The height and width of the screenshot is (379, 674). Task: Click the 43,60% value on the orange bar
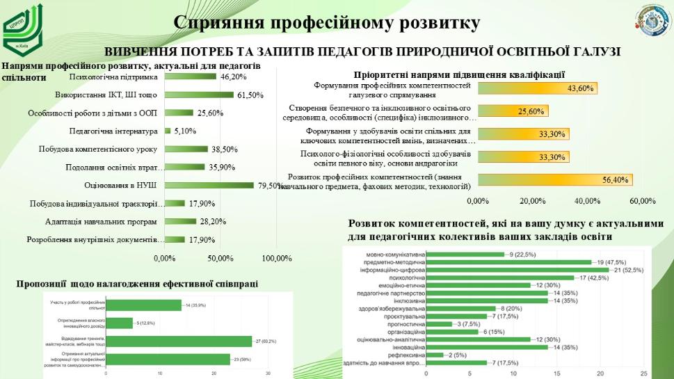pyautogui.click(x=581, y=88)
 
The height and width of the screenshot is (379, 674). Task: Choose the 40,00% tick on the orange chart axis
pyautogui.click(x=587, y=201)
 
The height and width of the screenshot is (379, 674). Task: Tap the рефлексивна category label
pyautogui.click(x=407, y=355)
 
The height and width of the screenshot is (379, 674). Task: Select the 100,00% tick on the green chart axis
pyautogui.click(x=276, y=259)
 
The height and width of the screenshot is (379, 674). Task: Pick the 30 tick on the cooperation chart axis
pyautogui.click(x=268, y=373)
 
